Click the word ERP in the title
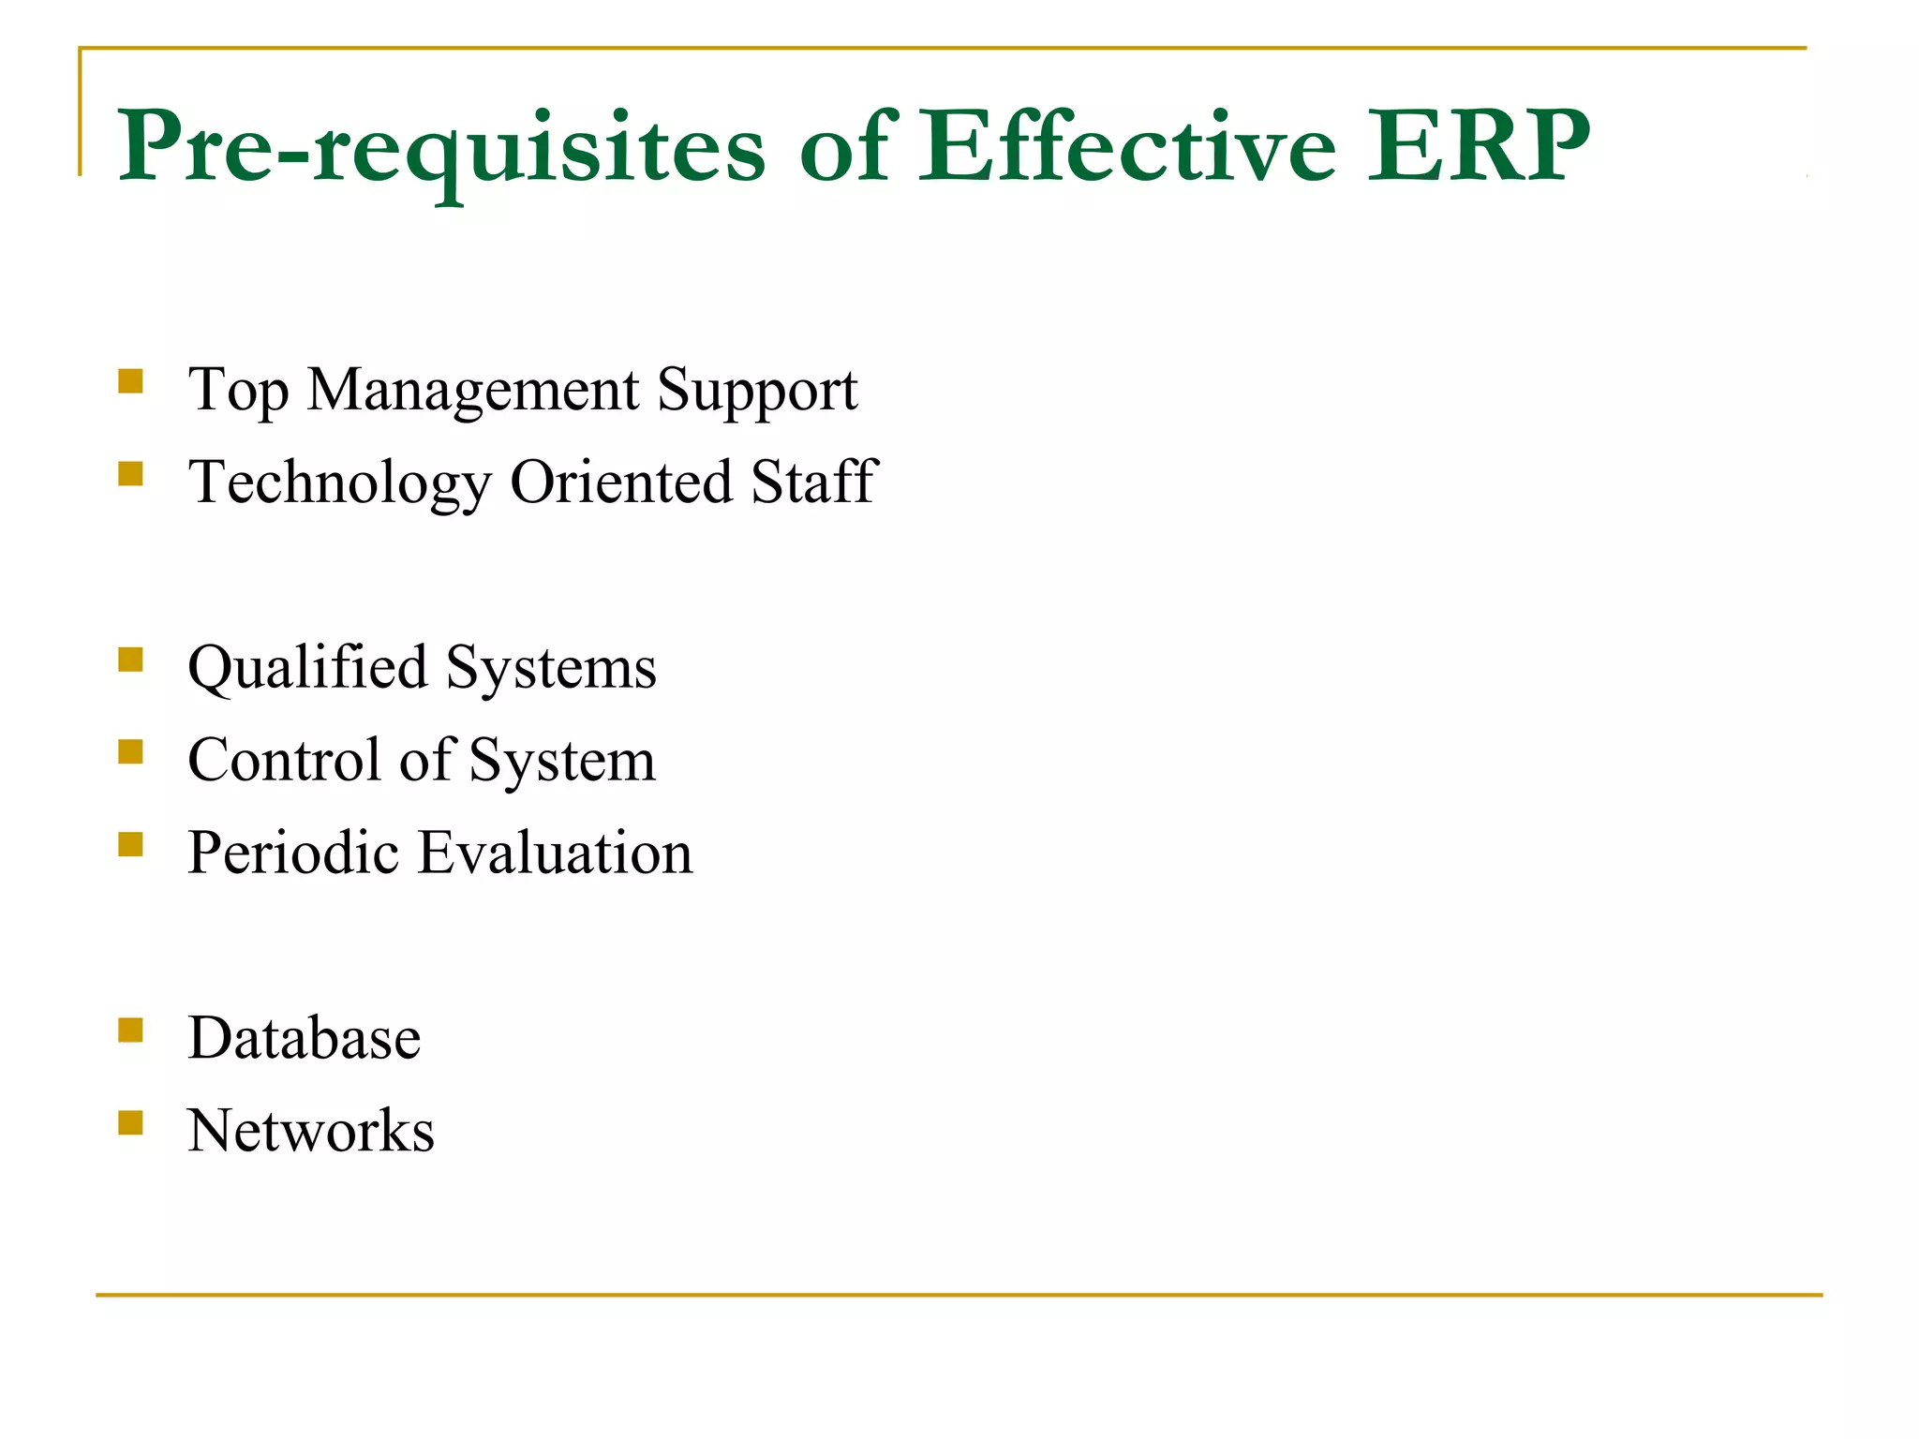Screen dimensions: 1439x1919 (1478, 147)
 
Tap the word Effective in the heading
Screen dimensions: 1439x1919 (1125, 147)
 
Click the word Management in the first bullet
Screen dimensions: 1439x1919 (473, 390)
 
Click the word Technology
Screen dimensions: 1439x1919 (339, 483)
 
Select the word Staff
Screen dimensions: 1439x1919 (813, 482)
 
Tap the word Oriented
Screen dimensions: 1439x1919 (621, 482)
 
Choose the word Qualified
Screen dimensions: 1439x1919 (307, 669)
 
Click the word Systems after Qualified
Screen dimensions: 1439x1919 (551, 669)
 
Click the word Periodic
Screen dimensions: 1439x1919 (293, 853)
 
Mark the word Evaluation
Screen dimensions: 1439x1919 (555, 853)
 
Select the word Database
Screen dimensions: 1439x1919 (305, 1038)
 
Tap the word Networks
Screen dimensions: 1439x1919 (311, 1131)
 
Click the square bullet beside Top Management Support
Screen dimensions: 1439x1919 (131, 381)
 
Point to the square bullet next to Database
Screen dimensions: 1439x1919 (131, 1031)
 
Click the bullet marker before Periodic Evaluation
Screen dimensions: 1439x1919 (131, 845)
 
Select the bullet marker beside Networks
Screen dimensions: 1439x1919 (131, 1122)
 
